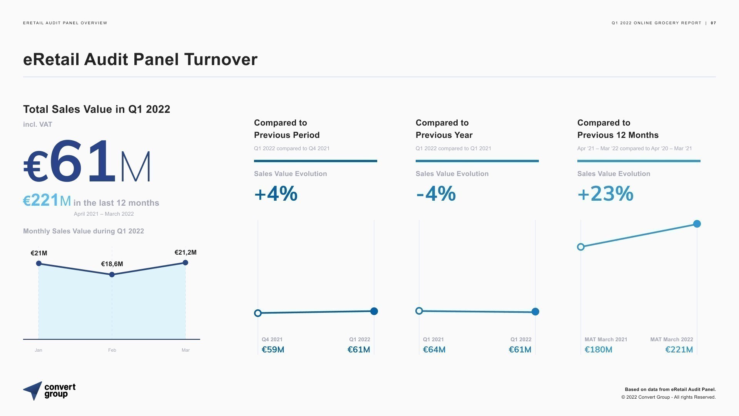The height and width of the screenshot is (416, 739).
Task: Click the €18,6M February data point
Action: [112, 275]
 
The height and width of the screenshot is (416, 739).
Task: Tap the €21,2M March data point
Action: [186, 263]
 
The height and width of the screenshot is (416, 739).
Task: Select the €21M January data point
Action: [38, 263]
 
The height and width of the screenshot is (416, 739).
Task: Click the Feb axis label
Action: [112, 350]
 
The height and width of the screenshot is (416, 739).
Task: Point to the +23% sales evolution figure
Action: [605, 193]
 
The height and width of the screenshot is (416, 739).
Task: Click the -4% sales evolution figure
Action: [436, 193]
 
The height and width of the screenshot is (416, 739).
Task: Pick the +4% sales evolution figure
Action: [276, 193]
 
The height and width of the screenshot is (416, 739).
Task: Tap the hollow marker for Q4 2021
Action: [258, 313]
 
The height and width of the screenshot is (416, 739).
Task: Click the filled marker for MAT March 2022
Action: [697, 224]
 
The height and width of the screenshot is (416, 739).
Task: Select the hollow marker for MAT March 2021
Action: [581, 247]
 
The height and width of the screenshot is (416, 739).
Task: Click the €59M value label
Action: [273, 349]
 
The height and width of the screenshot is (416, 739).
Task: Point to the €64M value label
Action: [434, 349]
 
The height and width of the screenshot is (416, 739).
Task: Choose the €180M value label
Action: [599, 349]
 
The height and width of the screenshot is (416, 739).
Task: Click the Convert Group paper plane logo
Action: [33, 391]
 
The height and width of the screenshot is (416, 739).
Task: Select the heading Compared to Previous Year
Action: [444, 129]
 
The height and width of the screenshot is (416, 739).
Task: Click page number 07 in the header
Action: [713, 23]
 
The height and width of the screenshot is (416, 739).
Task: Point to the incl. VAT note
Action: [37, 124]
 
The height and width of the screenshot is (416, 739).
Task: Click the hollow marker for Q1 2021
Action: [419, 311]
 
